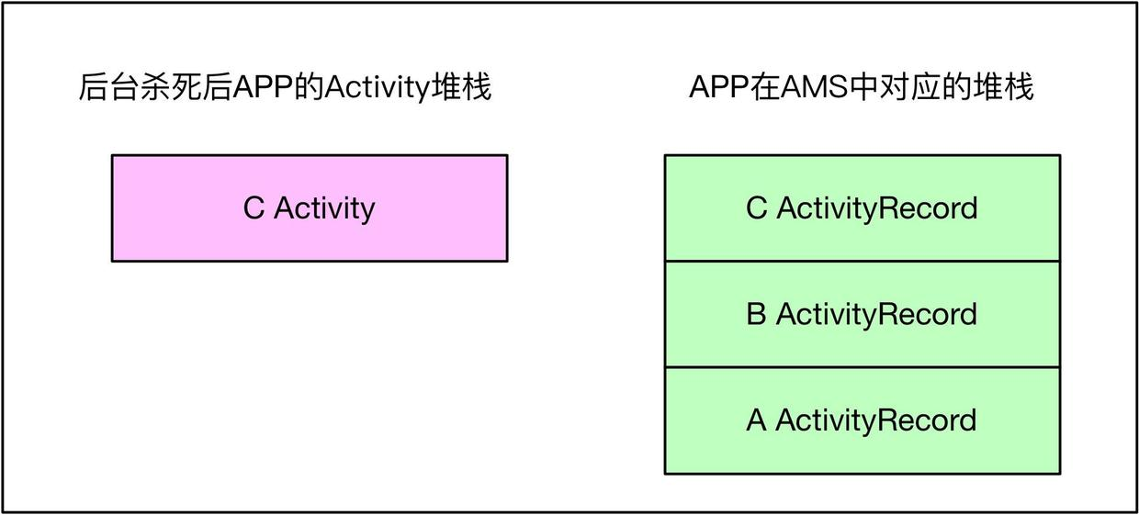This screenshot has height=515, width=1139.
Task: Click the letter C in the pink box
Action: click(254, 208)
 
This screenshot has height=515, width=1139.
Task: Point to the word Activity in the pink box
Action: click(324, 208)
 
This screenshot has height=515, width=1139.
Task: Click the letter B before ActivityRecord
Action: click(756, 314)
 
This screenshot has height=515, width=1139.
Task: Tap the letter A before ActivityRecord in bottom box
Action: click(756, 420)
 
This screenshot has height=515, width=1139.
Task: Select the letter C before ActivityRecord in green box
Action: click(756, 208)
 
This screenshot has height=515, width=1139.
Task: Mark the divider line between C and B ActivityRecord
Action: click(862, 262)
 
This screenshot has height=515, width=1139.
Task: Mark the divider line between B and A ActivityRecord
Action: click(862, 367)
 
